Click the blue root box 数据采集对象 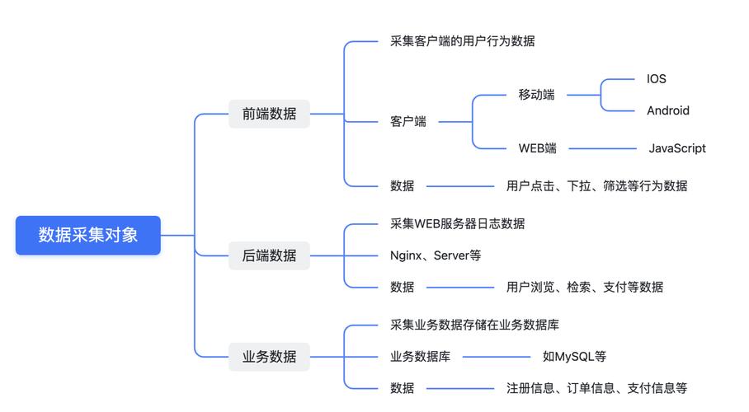88,235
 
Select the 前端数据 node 269,114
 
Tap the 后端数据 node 269,255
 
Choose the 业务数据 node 269,357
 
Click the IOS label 657,79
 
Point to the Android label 668,110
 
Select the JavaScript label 677,148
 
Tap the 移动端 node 536,95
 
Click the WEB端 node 537,148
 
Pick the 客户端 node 408,122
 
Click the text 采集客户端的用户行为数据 463,41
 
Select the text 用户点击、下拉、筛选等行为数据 596,185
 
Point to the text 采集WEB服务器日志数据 457,223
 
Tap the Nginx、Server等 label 436,255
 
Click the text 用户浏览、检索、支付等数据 585,287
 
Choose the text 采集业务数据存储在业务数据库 474,325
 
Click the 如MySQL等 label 574,357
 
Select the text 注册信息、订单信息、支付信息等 596,388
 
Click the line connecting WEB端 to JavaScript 602,148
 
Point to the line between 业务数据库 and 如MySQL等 497,357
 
